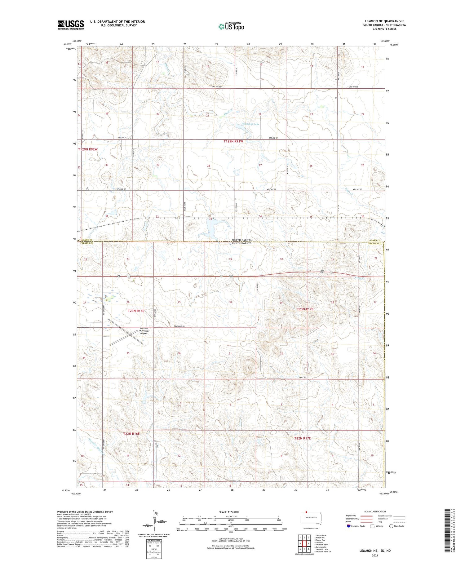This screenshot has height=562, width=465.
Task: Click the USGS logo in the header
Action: click(x=71, y=25)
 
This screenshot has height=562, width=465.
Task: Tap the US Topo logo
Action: click(x=231, y=27)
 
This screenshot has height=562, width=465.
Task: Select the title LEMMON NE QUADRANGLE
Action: click(x=384, y=21)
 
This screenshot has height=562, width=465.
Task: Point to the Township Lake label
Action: click(x=250, y=124)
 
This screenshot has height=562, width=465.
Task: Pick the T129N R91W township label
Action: click(x=233, y=141)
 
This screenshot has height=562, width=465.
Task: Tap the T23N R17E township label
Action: click(x=305, y=309)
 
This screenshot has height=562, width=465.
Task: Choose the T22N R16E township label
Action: click(x=129, y=434)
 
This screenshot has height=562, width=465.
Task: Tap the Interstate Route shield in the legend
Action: click(x=349, y=526)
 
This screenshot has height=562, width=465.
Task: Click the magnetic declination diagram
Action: click(x=154, y=522)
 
